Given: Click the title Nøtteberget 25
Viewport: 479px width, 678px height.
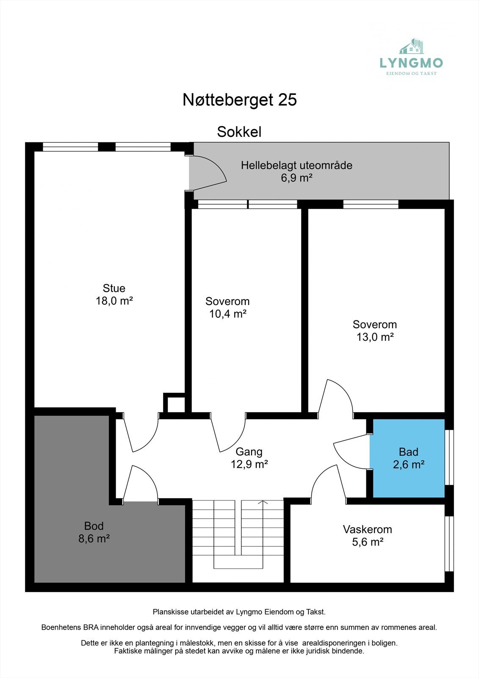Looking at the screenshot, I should point(240,100).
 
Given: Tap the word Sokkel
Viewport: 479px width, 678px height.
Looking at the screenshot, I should point(239,132).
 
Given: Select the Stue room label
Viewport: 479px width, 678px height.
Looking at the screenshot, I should point(114,289).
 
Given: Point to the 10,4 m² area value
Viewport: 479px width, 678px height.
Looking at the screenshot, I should point(228,314).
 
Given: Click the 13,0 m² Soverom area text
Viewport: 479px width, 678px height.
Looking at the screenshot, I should point(375,337).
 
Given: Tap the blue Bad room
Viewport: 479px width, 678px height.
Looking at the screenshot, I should point(408,458).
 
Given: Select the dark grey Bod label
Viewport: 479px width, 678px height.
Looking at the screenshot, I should point(94,526).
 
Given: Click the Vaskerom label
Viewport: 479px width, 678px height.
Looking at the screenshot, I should point(367,530).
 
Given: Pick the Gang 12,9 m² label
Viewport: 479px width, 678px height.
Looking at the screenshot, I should point(249,458).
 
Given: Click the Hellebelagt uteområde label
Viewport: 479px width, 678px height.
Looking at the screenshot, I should point(296,165).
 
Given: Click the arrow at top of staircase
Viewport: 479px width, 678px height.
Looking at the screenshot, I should point(263,503).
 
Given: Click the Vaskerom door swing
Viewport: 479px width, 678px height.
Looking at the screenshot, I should point(328,483).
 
